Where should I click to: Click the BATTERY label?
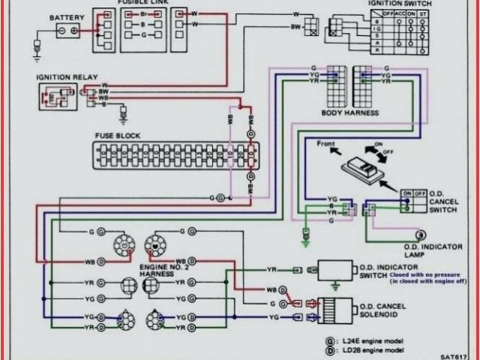click(x=67, y=16)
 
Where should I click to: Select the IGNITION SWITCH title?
click(x=399, y=4)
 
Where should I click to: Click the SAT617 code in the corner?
click(x=454, y=355)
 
